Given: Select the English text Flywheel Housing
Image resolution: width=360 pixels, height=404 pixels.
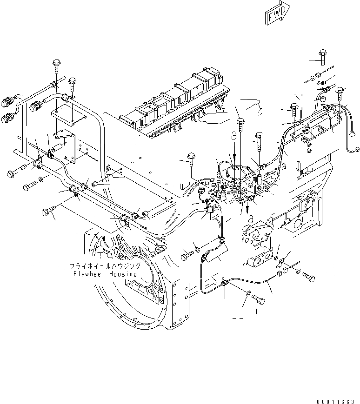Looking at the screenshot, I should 103,274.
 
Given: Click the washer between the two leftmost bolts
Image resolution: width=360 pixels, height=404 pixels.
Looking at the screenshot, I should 41,179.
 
